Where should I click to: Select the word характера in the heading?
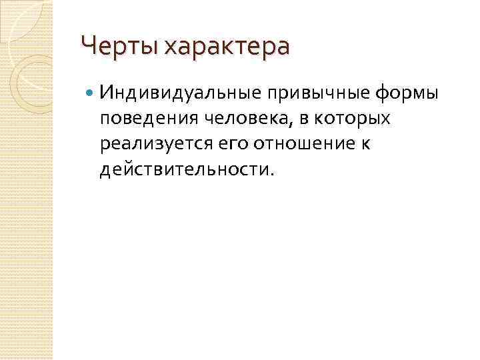(227, 47)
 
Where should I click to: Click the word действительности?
(183, 170)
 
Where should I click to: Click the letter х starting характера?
(171, 48)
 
